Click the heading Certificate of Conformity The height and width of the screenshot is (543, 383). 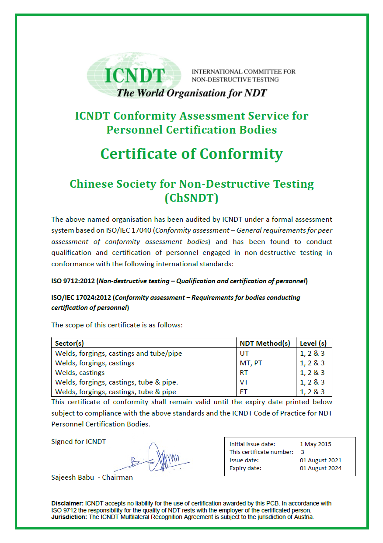[191, 154]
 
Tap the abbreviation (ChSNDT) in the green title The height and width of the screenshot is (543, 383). [191, 198]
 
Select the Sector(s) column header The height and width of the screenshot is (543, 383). [70, 343]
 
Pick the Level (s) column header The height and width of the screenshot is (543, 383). [313, 343]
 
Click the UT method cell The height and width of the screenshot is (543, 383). [244, 353]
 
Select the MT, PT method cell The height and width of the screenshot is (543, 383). [251, 363]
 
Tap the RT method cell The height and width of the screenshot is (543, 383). [244, 372]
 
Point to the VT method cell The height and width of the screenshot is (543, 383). [244, 382]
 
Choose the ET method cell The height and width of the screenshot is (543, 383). [244, 392]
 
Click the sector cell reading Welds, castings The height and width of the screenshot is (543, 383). [80, 372]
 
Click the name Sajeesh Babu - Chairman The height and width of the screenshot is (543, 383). [92, 477]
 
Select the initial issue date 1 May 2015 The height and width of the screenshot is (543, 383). [316, 444]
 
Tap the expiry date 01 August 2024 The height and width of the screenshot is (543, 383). [320, 468]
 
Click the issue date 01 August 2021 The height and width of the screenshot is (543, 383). [320, 460]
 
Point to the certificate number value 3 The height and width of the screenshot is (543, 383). [303, 452]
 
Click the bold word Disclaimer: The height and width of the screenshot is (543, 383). [67, 503]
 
